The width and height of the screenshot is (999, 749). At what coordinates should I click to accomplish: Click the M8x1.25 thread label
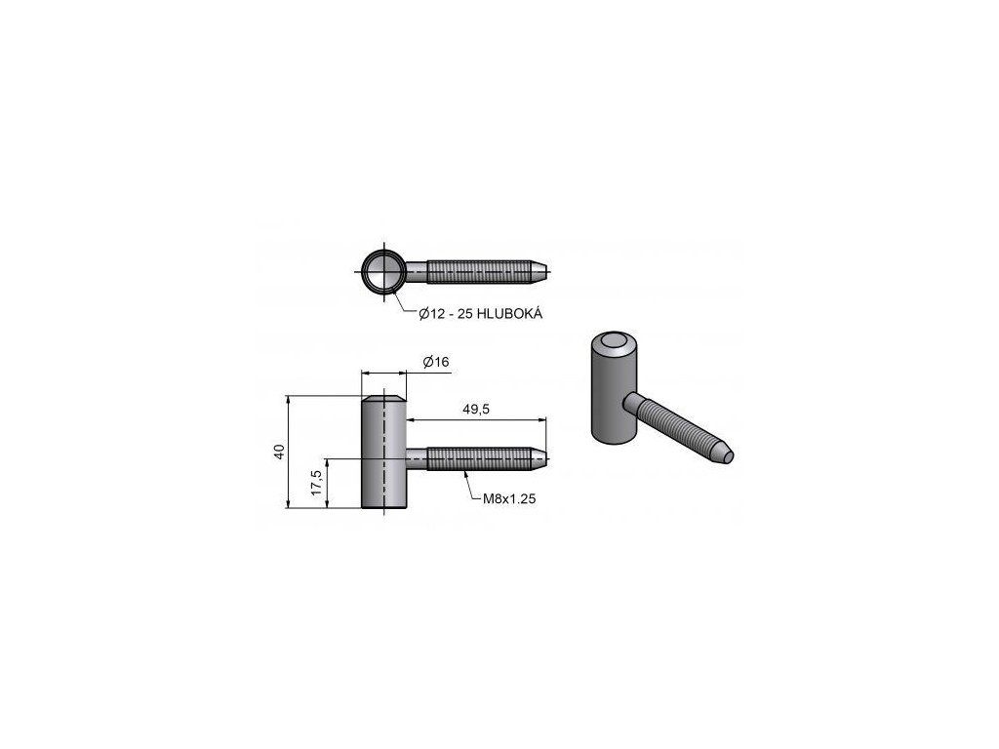(x=509, y=498)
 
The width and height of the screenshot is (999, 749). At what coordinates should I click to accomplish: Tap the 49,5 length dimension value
(x=476, y=409)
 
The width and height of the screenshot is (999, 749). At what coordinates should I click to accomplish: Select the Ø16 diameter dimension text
(x=436, y=362)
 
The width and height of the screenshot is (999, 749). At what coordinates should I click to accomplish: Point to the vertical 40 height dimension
(x=278, y=452)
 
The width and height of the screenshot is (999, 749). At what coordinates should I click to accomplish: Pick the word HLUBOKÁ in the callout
(x=509, y=313)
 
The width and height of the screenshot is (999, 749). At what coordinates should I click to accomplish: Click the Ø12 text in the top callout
(x=432, y=313)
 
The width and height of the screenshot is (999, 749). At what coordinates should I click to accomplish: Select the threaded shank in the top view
(x=478, y=272)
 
